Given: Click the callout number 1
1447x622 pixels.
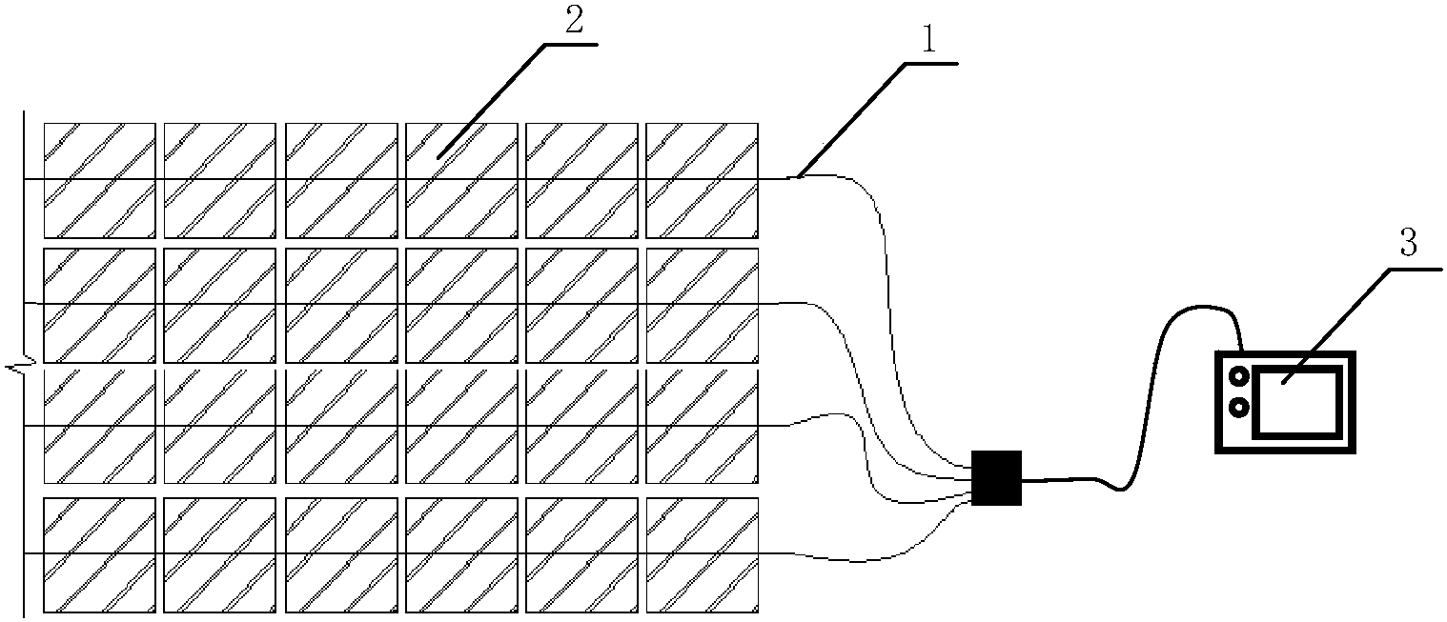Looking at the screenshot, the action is pyautogui.click(x=928, y=39).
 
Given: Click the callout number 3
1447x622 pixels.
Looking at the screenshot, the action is pyautogui.click(x=1408, y=244).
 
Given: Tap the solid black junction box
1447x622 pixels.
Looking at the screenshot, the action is pyautogui.click(x=996, y=477).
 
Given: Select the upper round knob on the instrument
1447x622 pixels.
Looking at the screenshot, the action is pyautogui.click(x=1239, y=375).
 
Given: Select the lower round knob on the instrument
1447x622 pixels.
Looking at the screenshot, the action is pyautogui.click(x=1239, y=408).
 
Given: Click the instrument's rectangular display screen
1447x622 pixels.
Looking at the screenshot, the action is pyautogui.click(x=1297, y=401).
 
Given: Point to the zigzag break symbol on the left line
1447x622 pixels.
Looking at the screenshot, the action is pyautogui.click(x=18, y=368).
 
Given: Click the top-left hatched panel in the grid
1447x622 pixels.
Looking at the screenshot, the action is pyautogui.click(x=99, y=181).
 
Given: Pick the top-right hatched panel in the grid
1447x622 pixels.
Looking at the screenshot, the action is pyautogui.click(x=703, y=181).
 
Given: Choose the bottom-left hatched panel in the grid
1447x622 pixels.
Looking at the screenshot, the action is pyautogui.click(x=99, y=555).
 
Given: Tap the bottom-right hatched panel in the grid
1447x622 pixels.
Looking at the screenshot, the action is pyautogui.click(x=703, y=555).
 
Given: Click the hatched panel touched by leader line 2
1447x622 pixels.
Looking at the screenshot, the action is pyautogui.click(x=461, y=181).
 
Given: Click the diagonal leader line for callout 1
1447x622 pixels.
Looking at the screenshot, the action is pyautogui.click(x=851, y=120).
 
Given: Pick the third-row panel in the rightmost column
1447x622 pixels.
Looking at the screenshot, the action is pyautogui.click(x=703, y=426).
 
